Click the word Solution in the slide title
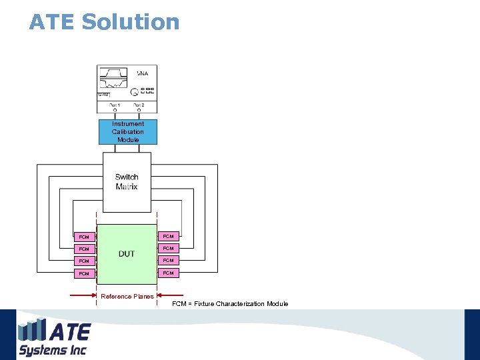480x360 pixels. [130, 22]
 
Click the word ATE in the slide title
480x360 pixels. [52, 22]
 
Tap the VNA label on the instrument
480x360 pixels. [143, 73]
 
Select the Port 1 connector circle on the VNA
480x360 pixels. [115, 111]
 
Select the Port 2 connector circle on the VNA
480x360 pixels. [139, 111]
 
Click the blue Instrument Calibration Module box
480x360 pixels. [128, 132]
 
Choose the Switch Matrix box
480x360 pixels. [127, 181]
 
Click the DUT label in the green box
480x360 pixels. [127, 254]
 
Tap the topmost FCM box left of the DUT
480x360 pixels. [84, 237]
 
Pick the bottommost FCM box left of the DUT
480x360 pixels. [84, 273]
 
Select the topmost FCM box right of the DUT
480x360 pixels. [168, 236]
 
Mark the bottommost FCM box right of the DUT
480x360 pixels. [168, 273]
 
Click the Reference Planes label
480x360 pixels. [127, 296]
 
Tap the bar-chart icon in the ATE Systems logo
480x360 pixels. [32, 331]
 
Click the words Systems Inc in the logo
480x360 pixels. [53, 350]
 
